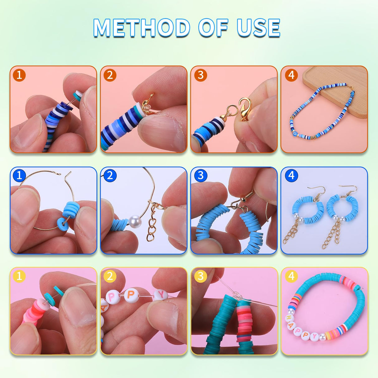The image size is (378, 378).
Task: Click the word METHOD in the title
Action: coord(142,28)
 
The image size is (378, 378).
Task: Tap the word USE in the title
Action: coord(258,28)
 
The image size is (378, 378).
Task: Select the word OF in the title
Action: coord(213,28)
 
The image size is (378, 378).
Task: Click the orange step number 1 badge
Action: coord(19,75)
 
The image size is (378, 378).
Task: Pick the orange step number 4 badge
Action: coord(291,75)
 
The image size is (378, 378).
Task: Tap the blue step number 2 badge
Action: coord(110,176)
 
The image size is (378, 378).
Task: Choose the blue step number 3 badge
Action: coord(201,176)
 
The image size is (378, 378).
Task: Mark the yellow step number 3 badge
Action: coord(201,276)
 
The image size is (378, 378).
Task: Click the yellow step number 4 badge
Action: coord(291,276)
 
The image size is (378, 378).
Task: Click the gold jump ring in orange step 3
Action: coord(231,110)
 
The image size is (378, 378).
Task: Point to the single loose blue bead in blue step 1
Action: coord(64,223)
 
